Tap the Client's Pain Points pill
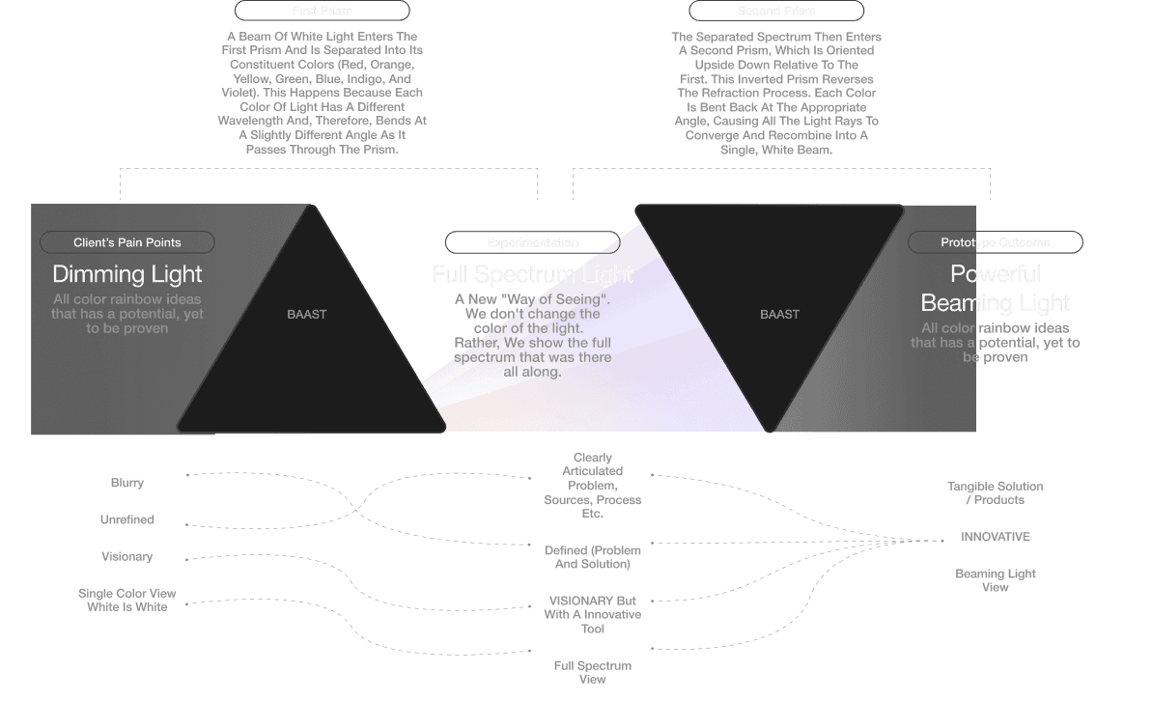126,242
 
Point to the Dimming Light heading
127,273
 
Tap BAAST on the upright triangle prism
307,314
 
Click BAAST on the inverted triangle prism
779,314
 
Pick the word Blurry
127,483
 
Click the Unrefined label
127,519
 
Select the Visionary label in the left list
127,557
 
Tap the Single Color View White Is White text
127,600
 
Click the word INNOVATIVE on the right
995,537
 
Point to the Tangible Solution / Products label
995,492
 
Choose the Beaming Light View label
995,579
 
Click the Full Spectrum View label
592,672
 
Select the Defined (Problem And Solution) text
592,557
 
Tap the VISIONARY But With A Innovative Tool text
592,614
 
